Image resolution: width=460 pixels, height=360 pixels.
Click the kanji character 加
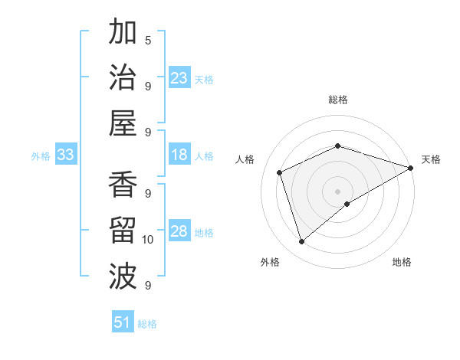click(x=123, y=34)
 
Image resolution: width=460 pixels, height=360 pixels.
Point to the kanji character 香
click(x=123, y=186)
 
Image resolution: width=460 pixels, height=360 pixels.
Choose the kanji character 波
click(x=123, y=275)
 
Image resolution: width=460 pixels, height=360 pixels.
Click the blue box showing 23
click(x=179, y=77)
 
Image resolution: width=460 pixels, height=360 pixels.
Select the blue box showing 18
click(x=179, y=155)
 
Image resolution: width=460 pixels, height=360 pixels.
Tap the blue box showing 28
click(x=179, y=231)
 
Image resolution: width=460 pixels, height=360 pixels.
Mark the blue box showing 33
click(x=66, y=155)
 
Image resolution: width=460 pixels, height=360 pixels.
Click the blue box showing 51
click(x=123, y=322)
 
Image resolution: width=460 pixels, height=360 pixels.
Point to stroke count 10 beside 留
click(x=148, y=241)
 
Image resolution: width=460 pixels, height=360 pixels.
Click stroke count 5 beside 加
click(x=148, y=40)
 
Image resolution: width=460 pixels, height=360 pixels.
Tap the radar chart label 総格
click(x=337, y=100)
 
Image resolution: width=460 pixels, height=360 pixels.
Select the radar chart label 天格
click(x=431, y=159)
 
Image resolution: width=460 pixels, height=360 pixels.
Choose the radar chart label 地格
click(x=402, y=262)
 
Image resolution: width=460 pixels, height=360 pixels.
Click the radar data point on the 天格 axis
click(x=411, y=168)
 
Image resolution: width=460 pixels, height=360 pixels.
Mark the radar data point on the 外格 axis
click(x=301, y=242)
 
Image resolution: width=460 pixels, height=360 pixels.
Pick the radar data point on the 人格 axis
click(x=280, y=172)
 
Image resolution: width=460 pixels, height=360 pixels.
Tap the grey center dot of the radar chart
click(x=337, y=191)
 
